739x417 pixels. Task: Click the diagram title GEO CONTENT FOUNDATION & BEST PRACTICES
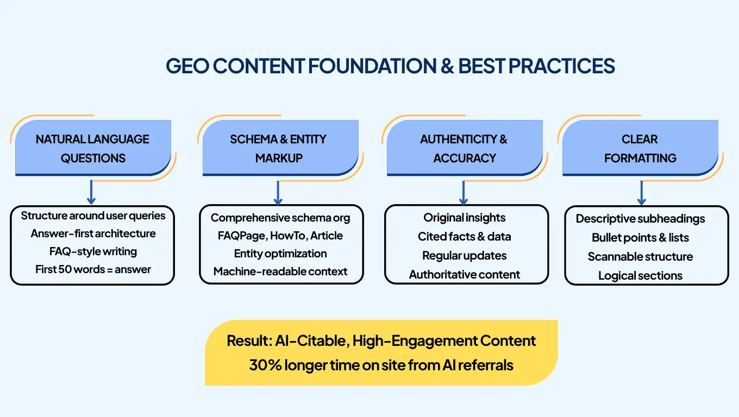(x=390, y=66)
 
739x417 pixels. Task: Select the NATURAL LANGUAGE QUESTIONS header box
(x=93, y=148)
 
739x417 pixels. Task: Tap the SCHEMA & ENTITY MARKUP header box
(x=278, y=148)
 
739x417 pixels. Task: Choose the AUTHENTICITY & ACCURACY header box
(x=464, y=148)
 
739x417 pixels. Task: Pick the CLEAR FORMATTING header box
(x=640, y=148)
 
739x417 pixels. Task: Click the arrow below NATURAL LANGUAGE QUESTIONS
(x=91, y=191)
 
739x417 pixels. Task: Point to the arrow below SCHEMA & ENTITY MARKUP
(x=278, y=191)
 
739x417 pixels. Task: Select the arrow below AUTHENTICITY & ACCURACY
(x=464, y=191)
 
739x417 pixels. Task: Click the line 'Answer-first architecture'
(x=93, y=233)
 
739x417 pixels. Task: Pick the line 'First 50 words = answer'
(x=93, y=269)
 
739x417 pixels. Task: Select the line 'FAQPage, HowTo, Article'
(x=280, y=236)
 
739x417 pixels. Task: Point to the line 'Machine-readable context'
(x=280, y=271)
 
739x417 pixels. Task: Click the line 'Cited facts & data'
(x=465, y=237)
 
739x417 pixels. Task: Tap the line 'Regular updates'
(x=465, y=256)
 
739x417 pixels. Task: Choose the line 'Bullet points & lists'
(x=640, y=238)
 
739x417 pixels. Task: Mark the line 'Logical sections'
(x=640, y=276)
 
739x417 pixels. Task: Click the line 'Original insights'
(x=465, y=218)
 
